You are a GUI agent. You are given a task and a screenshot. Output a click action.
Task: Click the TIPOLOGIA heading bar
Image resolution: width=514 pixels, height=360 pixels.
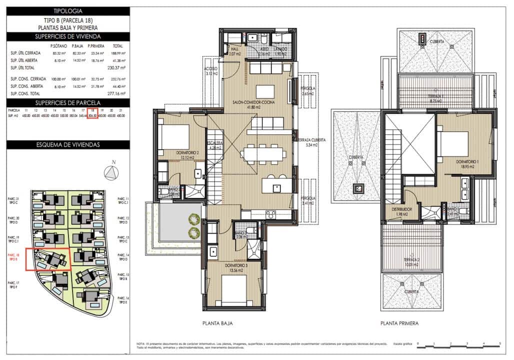coord(67,10)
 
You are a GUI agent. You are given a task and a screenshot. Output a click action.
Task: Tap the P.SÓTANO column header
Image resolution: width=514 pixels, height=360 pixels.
coord(59,45)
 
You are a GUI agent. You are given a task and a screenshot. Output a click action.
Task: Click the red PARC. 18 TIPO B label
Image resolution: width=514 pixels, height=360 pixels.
coord(13,257)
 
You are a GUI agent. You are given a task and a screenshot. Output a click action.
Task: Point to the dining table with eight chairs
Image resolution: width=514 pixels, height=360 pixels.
coord(262,152)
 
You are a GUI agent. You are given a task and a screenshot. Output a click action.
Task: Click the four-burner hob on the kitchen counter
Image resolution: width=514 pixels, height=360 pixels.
coord(271,214)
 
